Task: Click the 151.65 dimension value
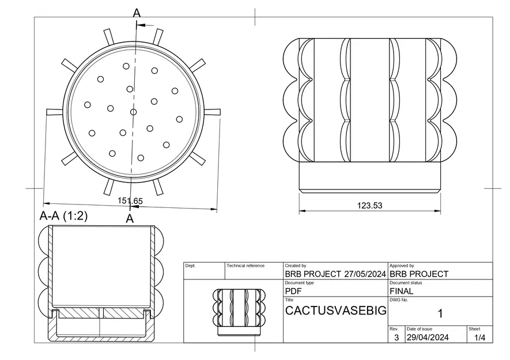[130, 200]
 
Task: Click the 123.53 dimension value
[369, 205]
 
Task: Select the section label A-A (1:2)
[63, 217]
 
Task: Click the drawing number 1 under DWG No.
[440, 313]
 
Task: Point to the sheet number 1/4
[479, 338]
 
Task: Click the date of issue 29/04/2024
[429, 338]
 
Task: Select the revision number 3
[396, 338]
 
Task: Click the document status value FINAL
[402, 291]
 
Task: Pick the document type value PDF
[294, 291]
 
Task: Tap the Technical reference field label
[245, 266]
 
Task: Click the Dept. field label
[191, 266]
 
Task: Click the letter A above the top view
[137, 13]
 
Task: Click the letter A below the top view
[130, 218]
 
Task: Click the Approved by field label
[402, 266]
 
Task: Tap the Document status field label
[406, 283]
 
